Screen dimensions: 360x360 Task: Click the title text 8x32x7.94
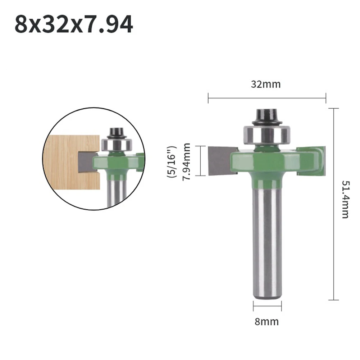[x=74, y=24]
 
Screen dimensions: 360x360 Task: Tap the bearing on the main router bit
[x=266, y=135]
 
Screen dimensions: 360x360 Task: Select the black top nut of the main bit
[x=266, y=116]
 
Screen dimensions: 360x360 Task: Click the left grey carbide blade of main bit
[x=219, y=160]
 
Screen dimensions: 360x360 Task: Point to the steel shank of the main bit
[x=267, y=245]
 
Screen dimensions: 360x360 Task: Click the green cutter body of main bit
[x=273, y=162]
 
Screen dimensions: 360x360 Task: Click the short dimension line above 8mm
[x=267, y=306]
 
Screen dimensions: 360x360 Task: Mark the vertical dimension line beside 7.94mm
[x=200, y=161]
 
